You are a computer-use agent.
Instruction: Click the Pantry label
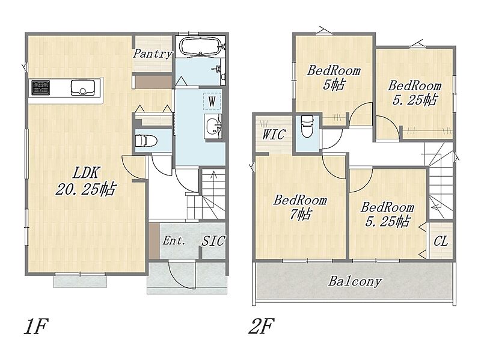[153, 54]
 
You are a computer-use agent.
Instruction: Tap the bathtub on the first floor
[201, 47]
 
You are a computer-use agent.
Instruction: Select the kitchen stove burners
[41, 87]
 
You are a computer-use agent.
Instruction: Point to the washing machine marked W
[212, 100]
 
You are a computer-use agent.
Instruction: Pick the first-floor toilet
[146, 141]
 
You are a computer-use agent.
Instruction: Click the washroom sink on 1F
[213, 126]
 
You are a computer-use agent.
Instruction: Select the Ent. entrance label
[174, 241]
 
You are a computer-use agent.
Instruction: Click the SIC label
[213, 241]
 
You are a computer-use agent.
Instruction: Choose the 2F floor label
[261, 326]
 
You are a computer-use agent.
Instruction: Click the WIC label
[274, 134]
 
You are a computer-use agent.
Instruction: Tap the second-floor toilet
[307, 126]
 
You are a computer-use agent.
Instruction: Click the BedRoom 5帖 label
[334, 78]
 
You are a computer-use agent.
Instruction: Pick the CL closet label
[441, 242]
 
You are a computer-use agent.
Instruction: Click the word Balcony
[355, 281]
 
